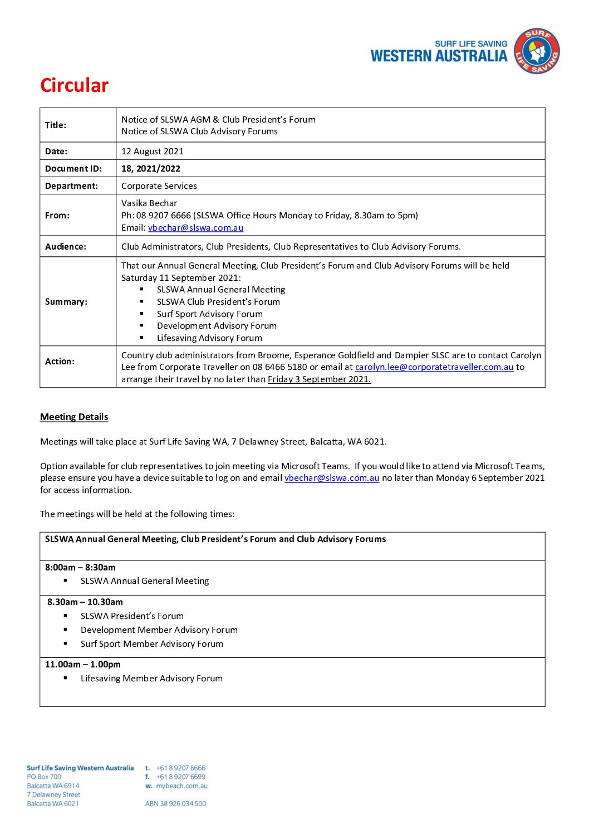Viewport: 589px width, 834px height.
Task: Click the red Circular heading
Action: (x=74, y=85)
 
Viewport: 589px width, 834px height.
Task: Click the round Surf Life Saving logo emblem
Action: (x=536, y=51)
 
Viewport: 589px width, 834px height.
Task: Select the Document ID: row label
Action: (x=73, y=168)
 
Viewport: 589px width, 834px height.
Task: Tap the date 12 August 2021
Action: (x=152, y=151)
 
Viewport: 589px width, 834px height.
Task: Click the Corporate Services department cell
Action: (x=159, y=186)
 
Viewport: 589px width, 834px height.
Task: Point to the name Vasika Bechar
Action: (x=149, y=203)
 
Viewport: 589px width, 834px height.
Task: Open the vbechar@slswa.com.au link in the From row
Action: (x=195, y=227)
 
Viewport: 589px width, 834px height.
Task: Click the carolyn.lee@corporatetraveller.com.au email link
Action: (x=434, y=367)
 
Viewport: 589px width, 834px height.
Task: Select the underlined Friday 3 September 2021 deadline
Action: (x=319, y=379)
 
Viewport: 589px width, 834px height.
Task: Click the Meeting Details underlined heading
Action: (x=74, y=417)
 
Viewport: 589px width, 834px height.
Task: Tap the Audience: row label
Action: (x=66, y=246)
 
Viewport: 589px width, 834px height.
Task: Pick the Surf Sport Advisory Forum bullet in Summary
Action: (x=209, y=314)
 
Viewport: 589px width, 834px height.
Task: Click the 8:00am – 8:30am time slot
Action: (x=80, y=567)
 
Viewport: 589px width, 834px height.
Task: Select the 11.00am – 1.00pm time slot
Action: (x=83, y=664)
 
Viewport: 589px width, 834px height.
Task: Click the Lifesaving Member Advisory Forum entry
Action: (x=151, y=678)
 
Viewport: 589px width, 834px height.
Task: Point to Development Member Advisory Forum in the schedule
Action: (x=159, y=630)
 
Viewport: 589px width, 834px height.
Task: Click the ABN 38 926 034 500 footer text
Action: (x=175, y=803)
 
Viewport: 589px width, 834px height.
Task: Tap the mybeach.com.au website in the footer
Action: (x=181, y=786)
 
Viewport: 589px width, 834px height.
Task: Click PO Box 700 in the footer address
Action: (x=44, y=777)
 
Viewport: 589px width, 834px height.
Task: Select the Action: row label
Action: (x=60, y=361)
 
